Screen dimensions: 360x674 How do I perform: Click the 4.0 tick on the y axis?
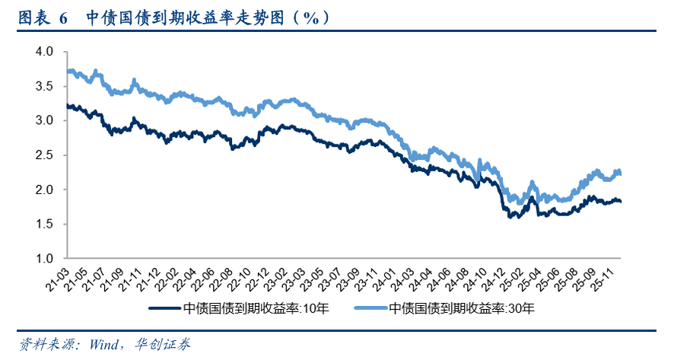(43, 52)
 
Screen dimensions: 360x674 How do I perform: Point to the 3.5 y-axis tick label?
(43, 86)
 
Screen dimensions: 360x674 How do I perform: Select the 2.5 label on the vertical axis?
(43, 155)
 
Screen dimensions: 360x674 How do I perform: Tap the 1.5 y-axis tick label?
(43, 224)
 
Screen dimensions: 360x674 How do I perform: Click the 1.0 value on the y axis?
(43, 259)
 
